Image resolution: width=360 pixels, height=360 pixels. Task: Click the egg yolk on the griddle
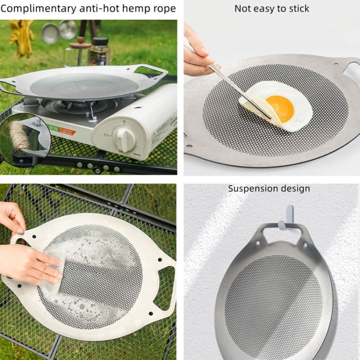(x=280, y=108)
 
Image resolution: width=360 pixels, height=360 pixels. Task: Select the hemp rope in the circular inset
(x=19, y=135)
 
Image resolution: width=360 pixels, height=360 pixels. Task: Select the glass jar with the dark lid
(x=99, y=51)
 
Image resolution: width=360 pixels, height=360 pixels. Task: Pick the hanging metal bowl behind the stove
(x=50, y=33)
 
